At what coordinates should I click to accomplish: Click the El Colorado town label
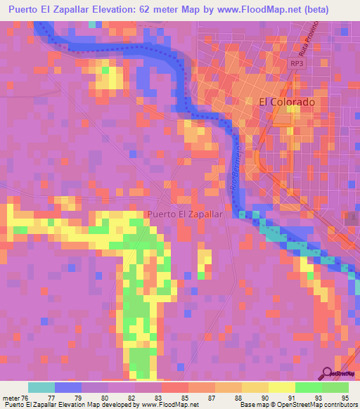(287, 101)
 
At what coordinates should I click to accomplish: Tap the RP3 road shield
(298, 64)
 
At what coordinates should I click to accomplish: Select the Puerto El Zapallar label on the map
(185, 213)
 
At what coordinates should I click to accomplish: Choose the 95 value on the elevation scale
(344, 397)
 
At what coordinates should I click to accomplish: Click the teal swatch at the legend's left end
(41, 387)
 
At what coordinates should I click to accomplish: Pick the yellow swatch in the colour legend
(281, 387)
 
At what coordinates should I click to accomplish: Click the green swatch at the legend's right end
(335, 387)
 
